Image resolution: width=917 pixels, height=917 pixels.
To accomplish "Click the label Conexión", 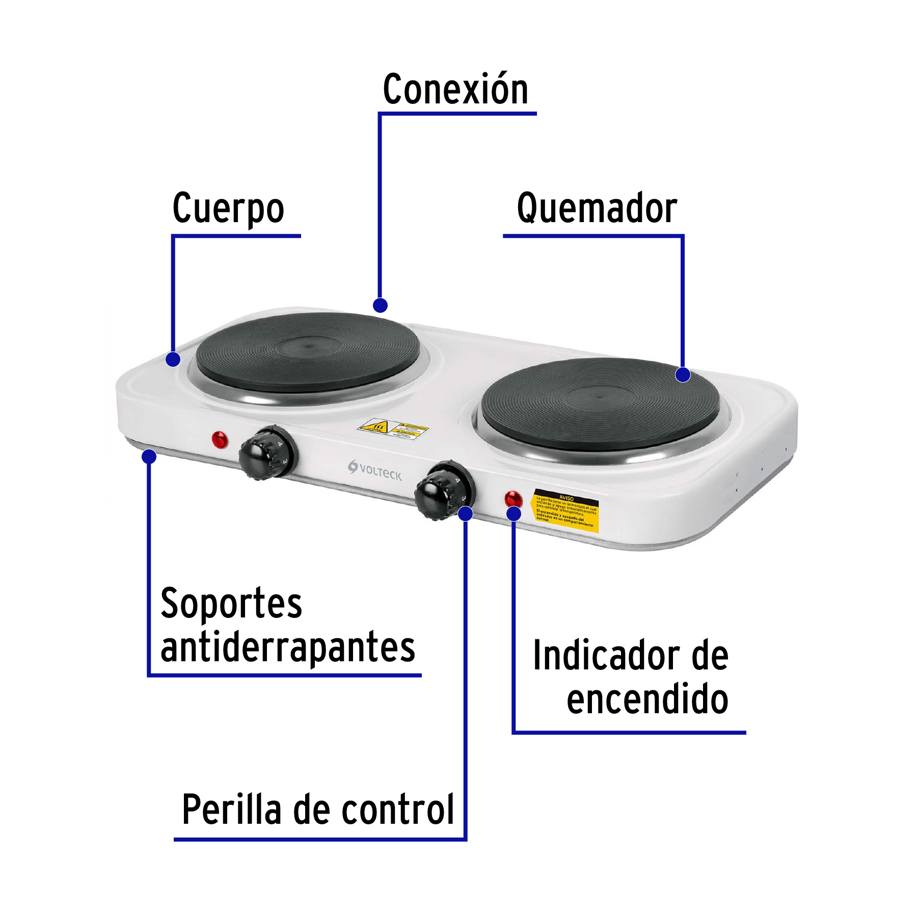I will (455, 89).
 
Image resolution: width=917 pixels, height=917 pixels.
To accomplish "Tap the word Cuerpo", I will (228, 208).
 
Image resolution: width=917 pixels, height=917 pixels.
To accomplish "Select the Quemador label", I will (597, 208).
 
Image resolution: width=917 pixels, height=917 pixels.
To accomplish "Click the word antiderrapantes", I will (288, 647).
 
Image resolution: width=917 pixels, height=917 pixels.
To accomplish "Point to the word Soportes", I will (231, 603).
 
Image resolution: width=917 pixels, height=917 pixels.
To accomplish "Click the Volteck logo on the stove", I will (375, 471).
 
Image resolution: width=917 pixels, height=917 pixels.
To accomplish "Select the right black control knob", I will (441, 491).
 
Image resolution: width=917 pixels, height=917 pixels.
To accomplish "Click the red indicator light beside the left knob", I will (220, 439).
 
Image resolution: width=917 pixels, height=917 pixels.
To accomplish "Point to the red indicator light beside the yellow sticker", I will (513, 498).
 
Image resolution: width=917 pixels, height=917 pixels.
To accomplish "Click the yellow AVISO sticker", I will (565, 511).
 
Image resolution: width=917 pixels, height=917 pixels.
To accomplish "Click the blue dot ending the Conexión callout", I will (380, 305).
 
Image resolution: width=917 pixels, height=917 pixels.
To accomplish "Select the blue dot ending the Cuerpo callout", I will (173, 359).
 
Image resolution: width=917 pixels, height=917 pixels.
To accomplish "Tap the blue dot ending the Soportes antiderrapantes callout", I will (149, 456).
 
